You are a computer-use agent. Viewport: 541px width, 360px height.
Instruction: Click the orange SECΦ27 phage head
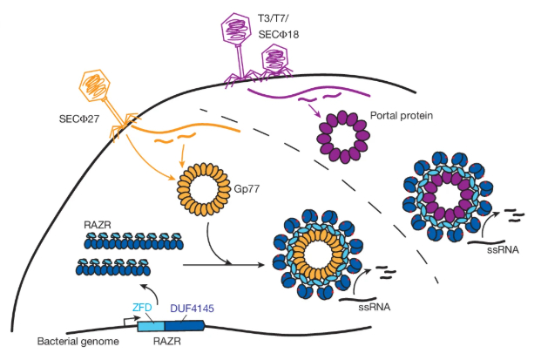pyautogui.click(x=92, y=85)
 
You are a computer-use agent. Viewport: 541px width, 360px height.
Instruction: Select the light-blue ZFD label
pyautogui.click(x=144, y=308)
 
